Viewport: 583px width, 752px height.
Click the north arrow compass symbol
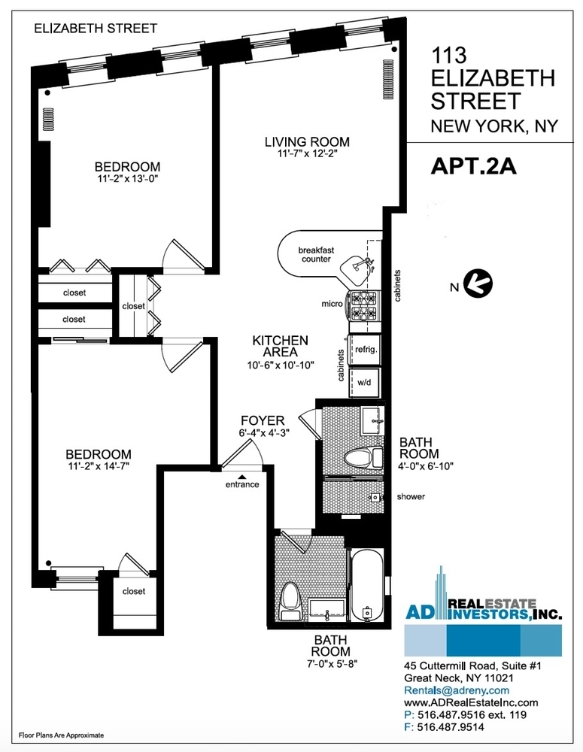[x=476, y=284]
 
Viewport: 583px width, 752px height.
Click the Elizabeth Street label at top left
[x=96, y=29]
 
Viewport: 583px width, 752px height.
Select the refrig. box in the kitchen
[x=366, y=350]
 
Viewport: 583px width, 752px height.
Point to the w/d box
[x=366, y=382]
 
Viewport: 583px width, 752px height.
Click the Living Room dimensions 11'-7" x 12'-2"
[x=307, y=155]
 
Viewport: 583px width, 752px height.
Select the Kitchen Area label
[x=280, y=346]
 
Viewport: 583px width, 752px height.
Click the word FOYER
[x=263, y=420]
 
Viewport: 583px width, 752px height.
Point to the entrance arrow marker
[x=242, y=475]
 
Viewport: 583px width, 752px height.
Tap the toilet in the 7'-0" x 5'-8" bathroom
[x=290, y=602]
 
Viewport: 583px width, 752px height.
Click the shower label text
[x=411, y=497]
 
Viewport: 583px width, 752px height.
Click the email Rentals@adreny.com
[x=457, y=690]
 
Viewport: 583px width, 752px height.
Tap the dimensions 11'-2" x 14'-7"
[x=99, y=468]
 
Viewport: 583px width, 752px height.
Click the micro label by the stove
[x=332, y=304]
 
